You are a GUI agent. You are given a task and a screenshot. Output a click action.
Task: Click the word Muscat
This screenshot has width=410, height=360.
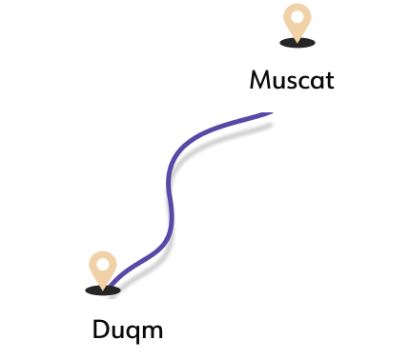(291, 79)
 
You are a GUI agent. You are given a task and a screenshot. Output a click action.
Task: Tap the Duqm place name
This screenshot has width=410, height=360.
(128, 330)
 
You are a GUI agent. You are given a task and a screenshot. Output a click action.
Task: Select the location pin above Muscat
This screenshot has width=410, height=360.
(298, 23)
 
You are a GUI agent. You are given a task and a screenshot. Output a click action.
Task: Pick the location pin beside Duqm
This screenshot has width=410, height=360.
(102, 269)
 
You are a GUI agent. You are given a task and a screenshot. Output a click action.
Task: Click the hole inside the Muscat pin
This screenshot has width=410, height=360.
(298, 16)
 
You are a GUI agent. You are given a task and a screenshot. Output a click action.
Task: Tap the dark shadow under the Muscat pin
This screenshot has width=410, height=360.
(297, 43)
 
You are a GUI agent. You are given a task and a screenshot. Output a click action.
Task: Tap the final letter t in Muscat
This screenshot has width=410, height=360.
(329, 79)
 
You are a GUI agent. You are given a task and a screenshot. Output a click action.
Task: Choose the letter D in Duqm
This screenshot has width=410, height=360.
(101, 330)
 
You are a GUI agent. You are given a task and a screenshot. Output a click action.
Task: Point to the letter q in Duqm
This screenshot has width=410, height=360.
(134, 333)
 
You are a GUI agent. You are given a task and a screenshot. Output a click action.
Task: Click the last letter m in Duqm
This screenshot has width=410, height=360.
(153, 332)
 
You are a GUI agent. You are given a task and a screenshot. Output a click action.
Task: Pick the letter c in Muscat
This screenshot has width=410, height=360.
(304, 81)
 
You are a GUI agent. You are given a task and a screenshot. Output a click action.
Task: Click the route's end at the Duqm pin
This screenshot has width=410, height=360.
(110, 284)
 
